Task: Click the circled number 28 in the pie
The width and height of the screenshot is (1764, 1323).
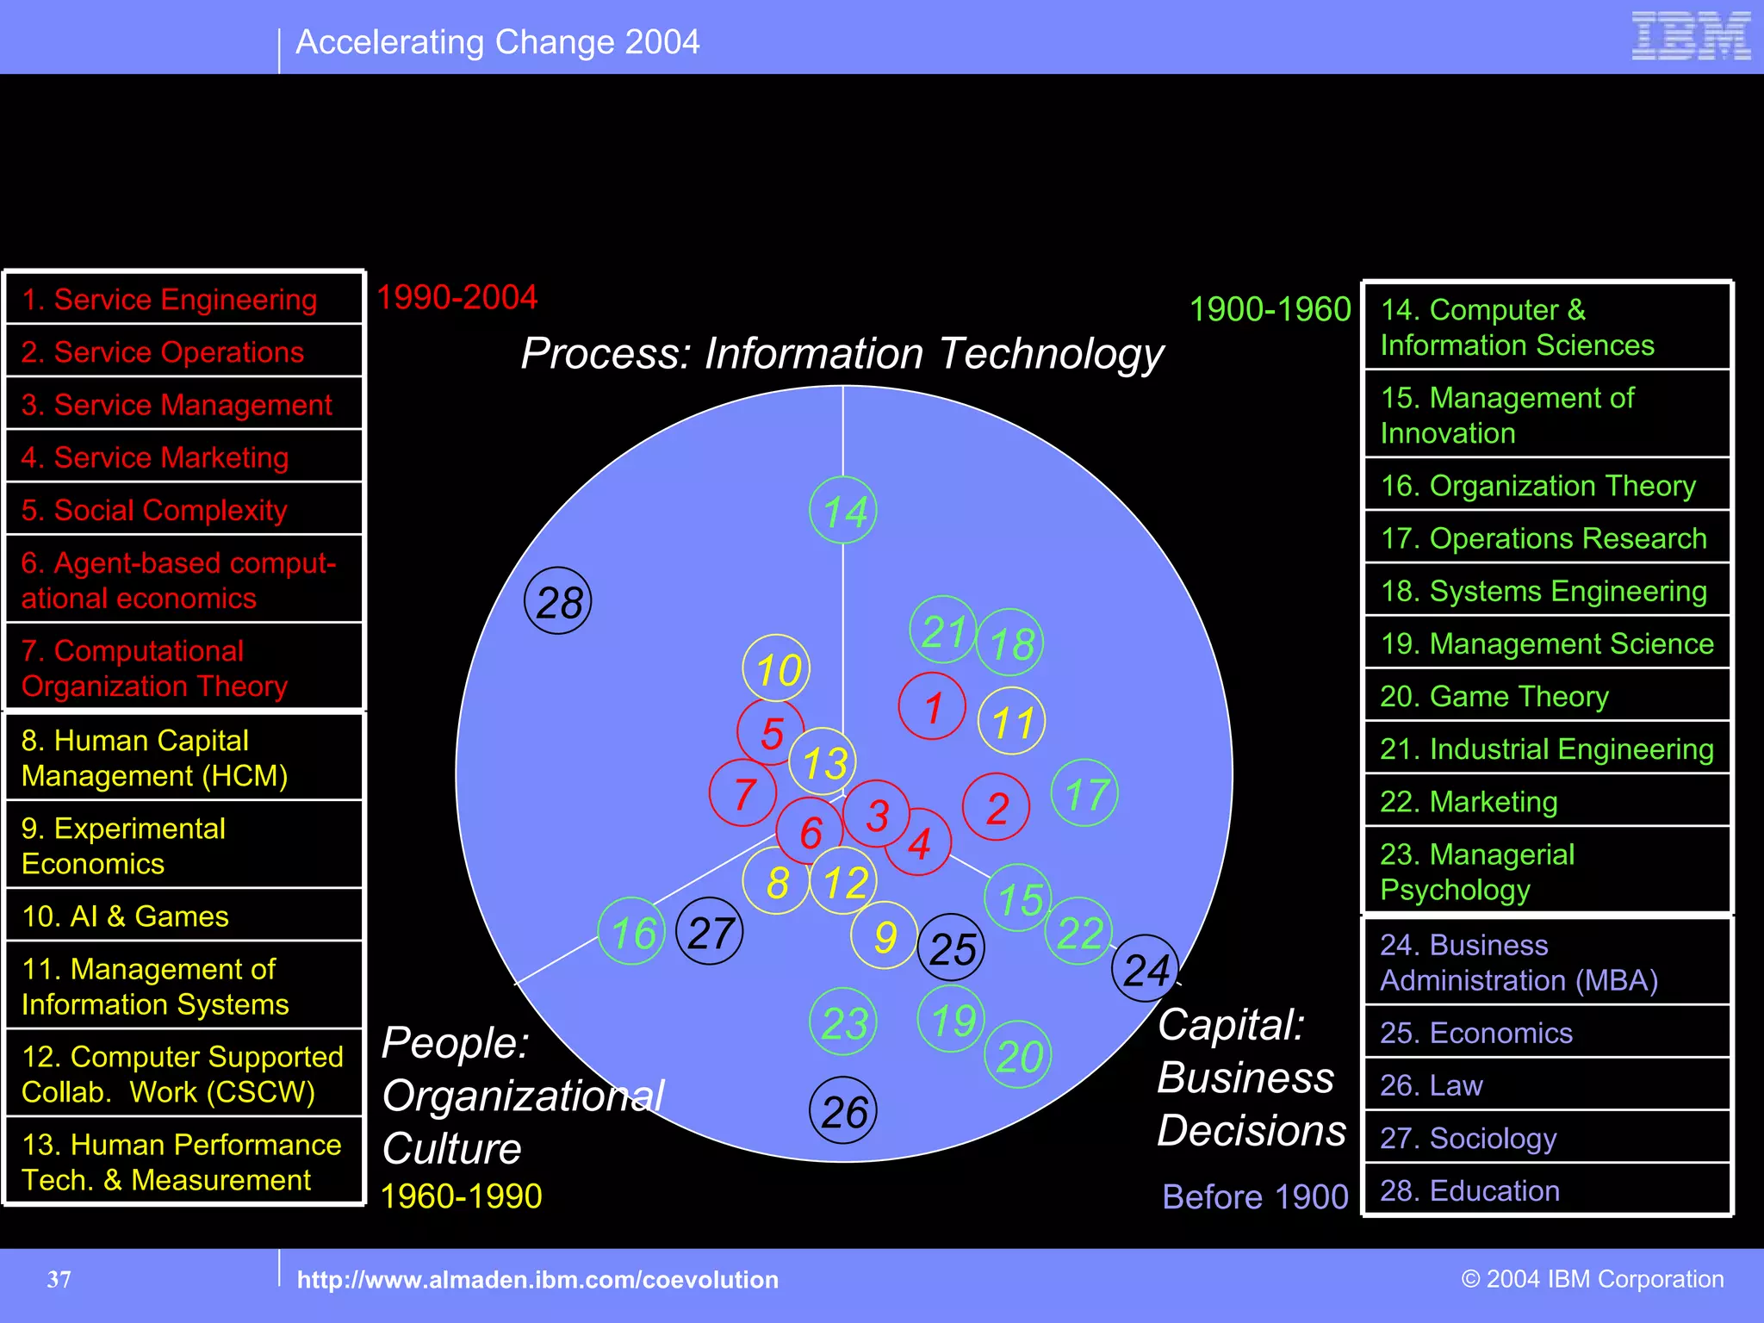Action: coord(558,601)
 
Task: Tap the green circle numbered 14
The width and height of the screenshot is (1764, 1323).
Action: coord(843,511)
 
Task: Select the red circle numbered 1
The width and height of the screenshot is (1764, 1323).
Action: coord(932,706)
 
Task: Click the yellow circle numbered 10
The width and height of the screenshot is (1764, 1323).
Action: coord(777,669)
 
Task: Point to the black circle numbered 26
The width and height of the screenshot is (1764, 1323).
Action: coord(843,1110)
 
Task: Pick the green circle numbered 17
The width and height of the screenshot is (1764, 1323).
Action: coord(1085,793)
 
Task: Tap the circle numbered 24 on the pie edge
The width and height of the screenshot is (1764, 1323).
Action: coord(1146,969)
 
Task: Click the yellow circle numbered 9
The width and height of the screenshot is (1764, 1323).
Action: coord(884,935)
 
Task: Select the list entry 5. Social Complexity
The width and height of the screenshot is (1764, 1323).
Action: coord(154,510)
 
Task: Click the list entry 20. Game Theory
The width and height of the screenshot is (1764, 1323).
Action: coord(1494,696)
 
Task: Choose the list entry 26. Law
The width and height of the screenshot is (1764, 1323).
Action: coord(1432,1085)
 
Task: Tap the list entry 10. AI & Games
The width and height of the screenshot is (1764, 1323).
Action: coord(126,916)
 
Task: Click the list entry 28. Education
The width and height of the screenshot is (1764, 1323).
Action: coord(1469,1190)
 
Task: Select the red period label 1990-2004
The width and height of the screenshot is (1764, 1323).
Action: coord(457,297)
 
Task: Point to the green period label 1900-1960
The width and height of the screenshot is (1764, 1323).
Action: coord(1270,309)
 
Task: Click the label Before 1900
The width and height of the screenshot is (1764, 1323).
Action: coord(1255,1196)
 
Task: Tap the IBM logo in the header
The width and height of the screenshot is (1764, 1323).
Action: coord(1691,36)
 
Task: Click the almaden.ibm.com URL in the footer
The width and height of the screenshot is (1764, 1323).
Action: coord(537,1280)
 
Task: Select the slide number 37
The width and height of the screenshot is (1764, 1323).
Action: coord(59,1280)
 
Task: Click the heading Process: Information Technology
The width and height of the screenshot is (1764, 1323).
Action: coord(842,354)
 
